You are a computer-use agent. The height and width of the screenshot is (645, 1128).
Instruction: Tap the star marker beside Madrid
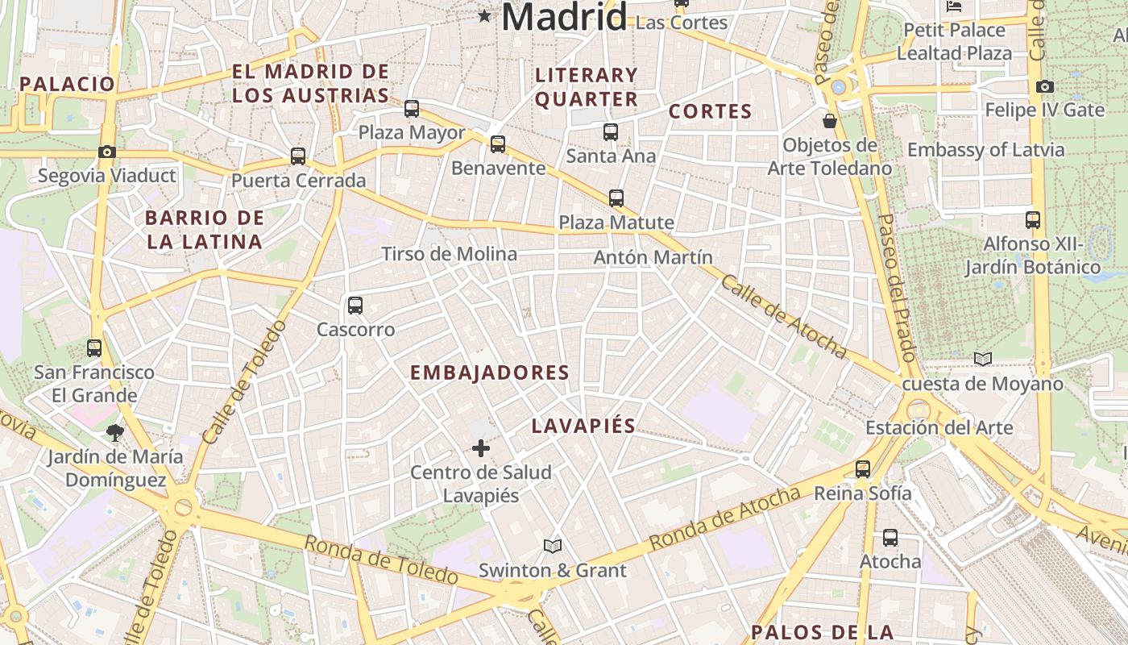click(484, 15)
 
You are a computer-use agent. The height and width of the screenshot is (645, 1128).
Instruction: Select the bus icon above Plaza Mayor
click(412, 108)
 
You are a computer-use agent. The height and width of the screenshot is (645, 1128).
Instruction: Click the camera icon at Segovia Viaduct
click(106, 152)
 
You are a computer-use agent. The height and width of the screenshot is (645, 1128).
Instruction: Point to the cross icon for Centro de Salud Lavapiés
click(481, 448)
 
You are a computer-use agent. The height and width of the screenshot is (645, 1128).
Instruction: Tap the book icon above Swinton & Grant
click(552, 547)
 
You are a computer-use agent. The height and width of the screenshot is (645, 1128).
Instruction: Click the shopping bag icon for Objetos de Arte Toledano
click(829, 121)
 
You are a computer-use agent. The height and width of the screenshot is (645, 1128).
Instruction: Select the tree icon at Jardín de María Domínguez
click(115, 433)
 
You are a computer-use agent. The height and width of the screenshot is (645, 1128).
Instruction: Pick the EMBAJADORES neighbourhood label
click(489, 372)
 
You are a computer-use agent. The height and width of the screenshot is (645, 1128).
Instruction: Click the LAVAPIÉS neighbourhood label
click(583, 426)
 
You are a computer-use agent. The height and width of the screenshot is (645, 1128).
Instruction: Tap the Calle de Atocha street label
click(783, 316)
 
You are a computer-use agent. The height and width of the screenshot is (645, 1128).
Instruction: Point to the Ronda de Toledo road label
click(380, 560)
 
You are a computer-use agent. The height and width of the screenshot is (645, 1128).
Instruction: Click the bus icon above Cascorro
click(355, 306)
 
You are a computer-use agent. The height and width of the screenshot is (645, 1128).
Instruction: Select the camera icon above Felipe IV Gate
click(1044, 86)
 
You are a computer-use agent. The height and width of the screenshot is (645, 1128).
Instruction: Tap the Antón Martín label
click(653, 257)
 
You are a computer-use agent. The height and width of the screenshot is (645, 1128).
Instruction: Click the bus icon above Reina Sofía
click(863, 469)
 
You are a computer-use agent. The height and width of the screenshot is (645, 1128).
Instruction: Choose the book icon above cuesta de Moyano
click(982, 360)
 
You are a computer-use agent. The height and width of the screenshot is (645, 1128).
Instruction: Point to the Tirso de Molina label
click(449, 254)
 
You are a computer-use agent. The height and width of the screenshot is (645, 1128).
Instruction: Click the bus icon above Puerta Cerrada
click(298, 156)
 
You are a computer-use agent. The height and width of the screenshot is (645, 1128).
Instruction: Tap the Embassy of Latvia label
click(997, 150)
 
